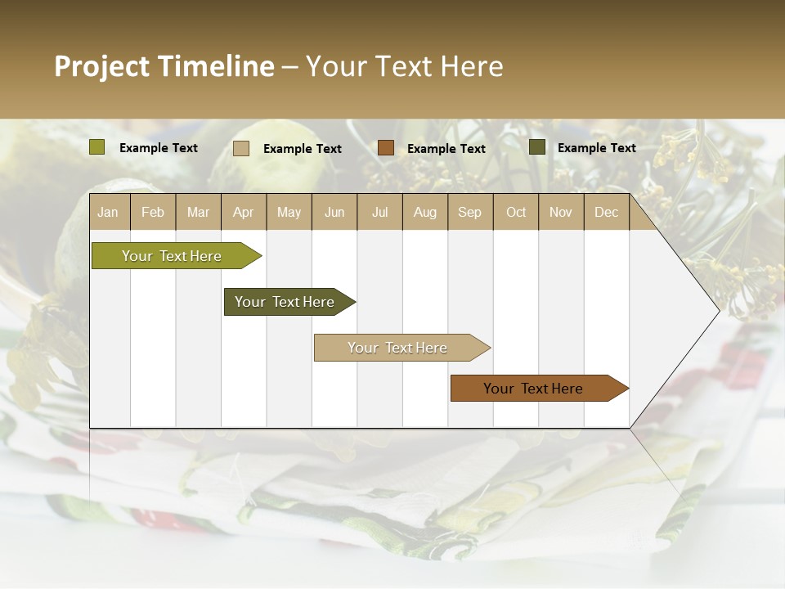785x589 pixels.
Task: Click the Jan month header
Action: coord(108,212)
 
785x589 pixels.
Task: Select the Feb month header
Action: coord(153,212)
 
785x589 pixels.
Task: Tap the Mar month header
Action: coord(198,212)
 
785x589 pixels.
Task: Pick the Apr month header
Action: coord(243,212)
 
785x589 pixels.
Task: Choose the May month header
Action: coord(289,212)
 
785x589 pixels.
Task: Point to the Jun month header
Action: coord(334,212)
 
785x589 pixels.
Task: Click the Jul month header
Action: coord(379,212)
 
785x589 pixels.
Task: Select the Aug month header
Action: coord(424,212)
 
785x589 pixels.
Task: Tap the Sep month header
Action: coord(469,212)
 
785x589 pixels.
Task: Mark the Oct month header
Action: coord(516,212)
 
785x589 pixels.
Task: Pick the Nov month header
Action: coord(561,212)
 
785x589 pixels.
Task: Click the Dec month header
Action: coord(606,212)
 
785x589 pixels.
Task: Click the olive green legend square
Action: coord(97,147)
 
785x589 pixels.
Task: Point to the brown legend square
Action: coord(386,148)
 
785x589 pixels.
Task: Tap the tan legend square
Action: coord(241,148)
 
